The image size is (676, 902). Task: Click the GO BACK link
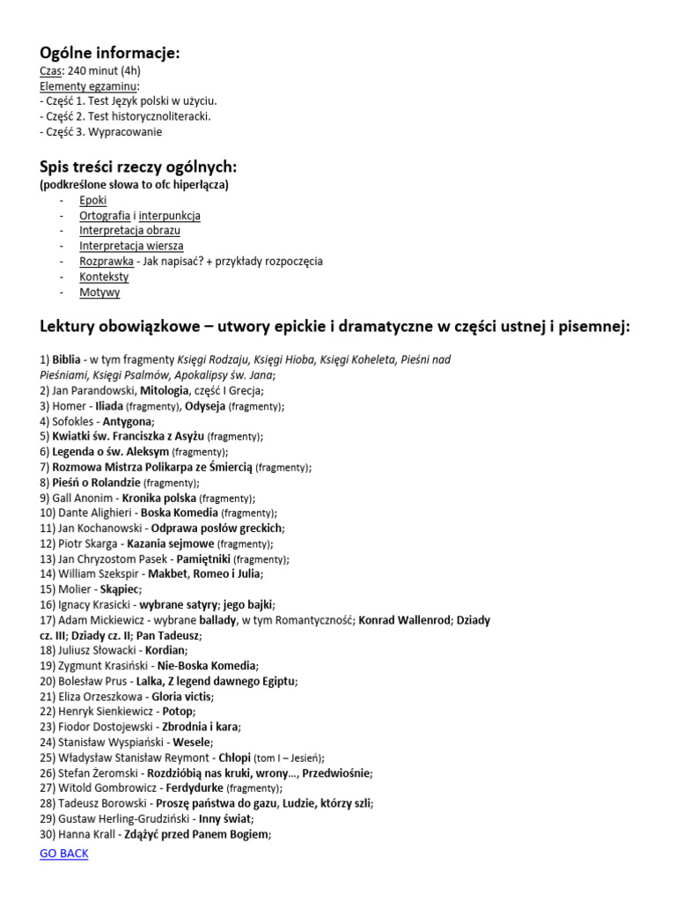[x=64, y=854]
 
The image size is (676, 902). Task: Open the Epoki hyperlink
[x=92, y=201]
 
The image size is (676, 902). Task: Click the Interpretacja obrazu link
[x=129, y=231]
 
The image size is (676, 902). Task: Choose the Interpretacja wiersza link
[x=131, y=246]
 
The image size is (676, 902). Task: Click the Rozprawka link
[x=107, y=262]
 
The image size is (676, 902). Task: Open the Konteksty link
[x=104, y=277]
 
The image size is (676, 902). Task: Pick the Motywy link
[x=99, y=292]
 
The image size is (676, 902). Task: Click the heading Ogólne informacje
[x=110, y=53]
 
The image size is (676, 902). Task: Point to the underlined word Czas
[x=50, y=71]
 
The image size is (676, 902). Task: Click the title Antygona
[x=128, y=421]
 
